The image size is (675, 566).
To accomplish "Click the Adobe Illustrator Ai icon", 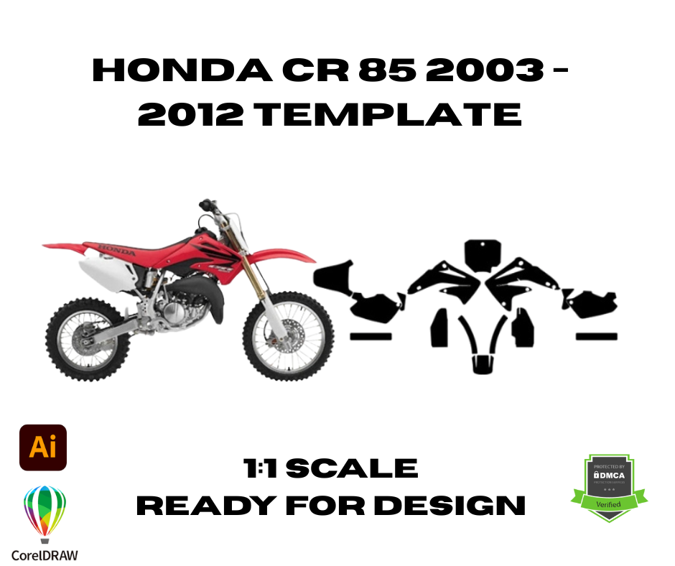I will pyautogui.click(x=43, y=447).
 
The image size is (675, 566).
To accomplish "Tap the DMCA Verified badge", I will pyautogui.click(x=609, y=488).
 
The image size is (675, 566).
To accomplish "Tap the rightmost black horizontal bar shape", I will pyautogui.click(x=597, y=336).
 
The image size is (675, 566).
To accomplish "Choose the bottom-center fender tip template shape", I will pyautogui.click(x=483, y=363).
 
